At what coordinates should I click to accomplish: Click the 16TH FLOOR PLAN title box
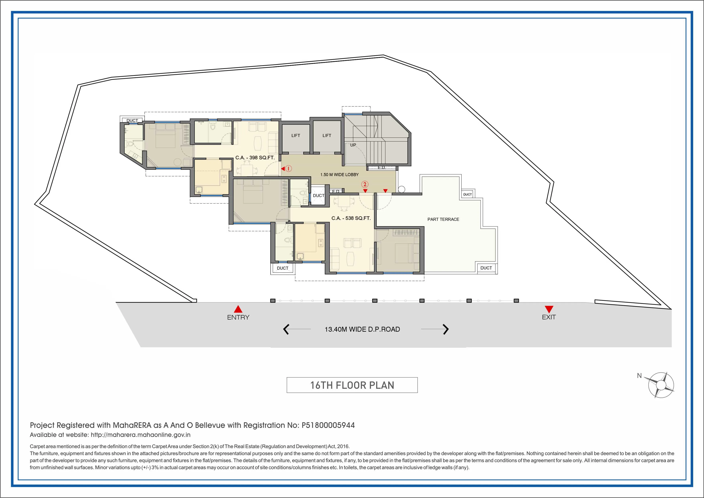(352, 385)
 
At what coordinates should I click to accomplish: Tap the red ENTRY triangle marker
(238, 309)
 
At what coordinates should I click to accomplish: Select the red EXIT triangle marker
(549, 309)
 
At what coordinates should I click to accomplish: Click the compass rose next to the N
(661, 385)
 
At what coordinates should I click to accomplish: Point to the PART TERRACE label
(443, 219)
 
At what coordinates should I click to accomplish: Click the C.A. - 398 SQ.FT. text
(255, 158)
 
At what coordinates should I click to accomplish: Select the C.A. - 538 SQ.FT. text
(351, 218)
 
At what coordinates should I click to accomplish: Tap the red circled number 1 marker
(288, 168)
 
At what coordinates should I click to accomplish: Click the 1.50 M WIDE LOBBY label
(339, 174)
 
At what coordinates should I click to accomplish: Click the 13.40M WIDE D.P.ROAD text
(362, 329)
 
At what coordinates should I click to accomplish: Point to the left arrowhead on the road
(286, 329)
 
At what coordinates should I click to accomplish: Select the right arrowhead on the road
(446, 329)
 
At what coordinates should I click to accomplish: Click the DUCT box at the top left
(132, 120)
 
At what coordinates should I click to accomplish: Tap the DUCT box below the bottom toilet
(282, 268)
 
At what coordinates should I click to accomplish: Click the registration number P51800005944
(328, 425)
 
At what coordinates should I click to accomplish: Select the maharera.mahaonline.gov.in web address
(140, 435)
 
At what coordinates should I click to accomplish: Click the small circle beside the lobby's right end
(401, 189)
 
